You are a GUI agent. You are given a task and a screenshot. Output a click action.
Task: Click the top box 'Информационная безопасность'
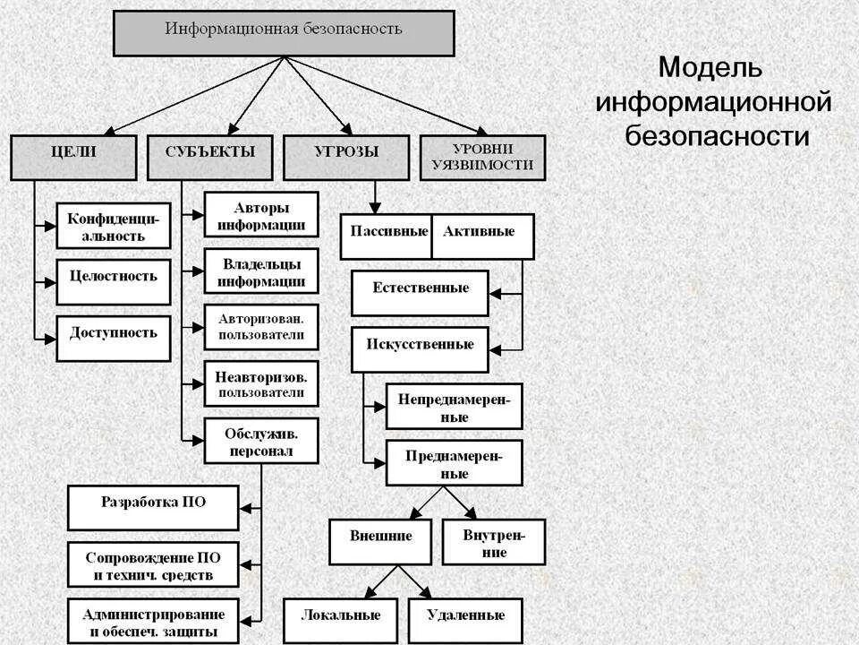click(284, 31)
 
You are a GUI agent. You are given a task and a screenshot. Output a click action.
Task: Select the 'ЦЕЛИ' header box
click(73, 156)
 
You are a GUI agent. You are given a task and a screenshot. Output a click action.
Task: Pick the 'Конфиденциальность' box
click(113, 226)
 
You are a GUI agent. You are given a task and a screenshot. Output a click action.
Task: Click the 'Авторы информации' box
click(260, 215)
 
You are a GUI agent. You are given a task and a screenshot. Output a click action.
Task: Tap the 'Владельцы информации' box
click(260, 271)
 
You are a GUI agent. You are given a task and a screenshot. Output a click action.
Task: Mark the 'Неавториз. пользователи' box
click(260, 383)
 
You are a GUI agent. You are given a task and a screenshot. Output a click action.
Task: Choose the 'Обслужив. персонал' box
click(260, 441)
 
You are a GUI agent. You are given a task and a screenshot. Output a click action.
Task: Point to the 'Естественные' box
click(420, 292)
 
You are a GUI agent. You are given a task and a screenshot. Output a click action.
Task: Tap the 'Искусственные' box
click(420, 348)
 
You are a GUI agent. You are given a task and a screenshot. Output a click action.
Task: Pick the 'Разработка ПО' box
click(153, 507)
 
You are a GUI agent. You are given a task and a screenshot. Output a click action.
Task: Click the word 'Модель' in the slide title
click(710, 69)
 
